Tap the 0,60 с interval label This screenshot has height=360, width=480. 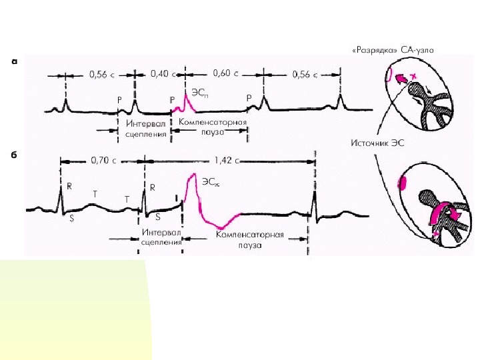[x=225, y=74]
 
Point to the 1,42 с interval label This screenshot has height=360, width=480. [x=227, y=160]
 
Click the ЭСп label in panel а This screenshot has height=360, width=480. [x=199, y=91]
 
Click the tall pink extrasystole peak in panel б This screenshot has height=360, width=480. [x=193, y=177]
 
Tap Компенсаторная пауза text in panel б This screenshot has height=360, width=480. [x=250, y=240]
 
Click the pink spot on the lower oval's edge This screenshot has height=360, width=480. [x=402, y=182]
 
